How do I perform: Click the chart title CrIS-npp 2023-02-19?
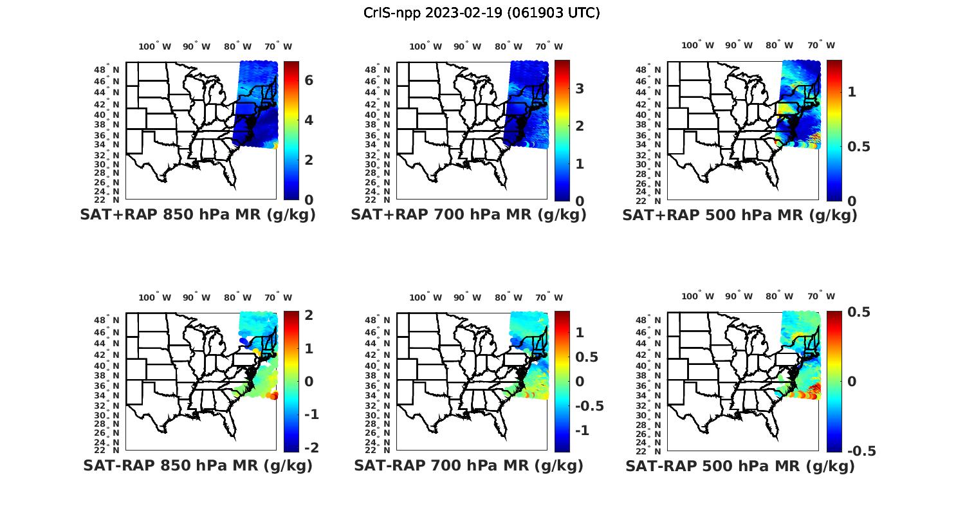482,13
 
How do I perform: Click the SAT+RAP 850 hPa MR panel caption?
198,215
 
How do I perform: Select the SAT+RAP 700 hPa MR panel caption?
468,215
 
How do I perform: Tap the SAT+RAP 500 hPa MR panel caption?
740,215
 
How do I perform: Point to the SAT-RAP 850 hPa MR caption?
198,465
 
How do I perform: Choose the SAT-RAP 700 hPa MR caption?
468,465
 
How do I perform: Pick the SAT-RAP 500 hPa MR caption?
740,465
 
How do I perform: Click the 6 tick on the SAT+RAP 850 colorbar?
309,80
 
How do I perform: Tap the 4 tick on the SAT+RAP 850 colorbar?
309,120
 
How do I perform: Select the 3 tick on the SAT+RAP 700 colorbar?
580,88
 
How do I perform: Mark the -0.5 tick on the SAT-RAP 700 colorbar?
588,405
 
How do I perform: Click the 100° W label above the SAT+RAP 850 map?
155,46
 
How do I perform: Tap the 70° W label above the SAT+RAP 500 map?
821,45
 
